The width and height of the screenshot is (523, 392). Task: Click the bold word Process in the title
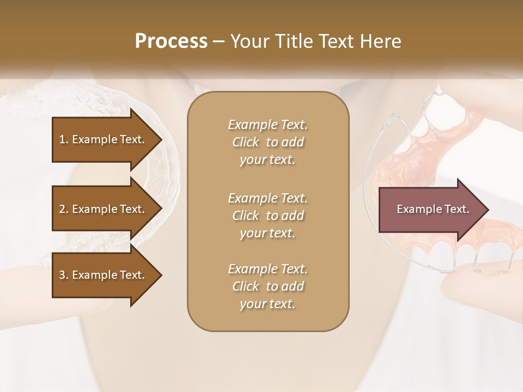click(171, 41)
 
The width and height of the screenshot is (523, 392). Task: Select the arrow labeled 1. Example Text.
click(104, 139)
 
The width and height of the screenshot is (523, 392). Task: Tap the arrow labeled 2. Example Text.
click(104, 209)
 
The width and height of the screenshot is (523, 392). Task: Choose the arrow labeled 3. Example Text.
click(104, 275)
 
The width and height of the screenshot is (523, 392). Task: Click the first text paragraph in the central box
click(267, 142)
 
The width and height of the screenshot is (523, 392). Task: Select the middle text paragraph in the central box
click(267, 216)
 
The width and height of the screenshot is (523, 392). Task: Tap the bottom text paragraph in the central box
click(267, 286)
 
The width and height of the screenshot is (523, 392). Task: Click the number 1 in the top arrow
click(62, 139)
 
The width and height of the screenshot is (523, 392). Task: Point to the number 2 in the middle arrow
click(62, 209)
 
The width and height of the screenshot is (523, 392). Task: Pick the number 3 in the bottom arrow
click(62, 275)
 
